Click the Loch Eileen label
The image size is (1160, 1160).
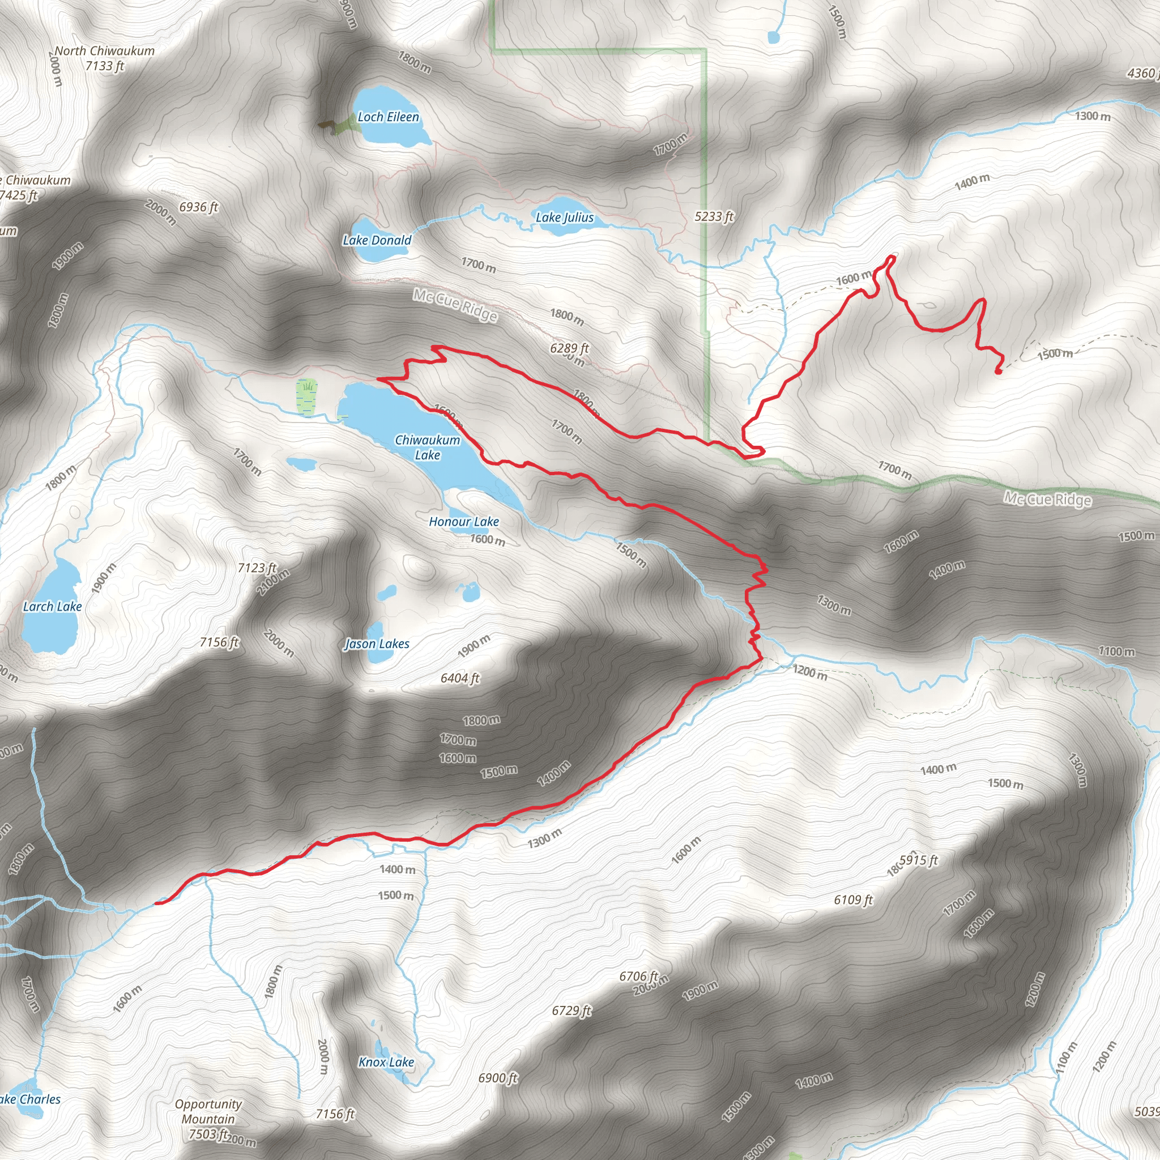pyautogui.click(x=388, y=117)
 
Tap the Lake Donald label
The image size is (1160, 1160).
pyautogui.click(x=377, y=240)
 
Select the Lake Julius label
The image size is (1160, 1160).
pyautogui.click(x=564, y=217)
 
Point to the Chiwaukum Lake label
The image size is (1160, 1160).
pyautogui.click(x=428, y=447)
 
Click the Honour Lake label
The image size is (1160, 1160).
pyautogui.click(x=463, y=522)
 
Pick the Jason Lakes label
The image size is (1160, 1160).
pyautogui.click(x=377, y=643)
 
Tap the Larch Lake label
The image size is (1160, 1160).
pyautogui.click(x=52, y=607)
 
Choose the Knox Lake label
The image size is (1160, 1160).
pyautogui.click(x=386, y=1062)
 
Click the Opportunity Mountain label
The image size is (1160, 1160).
pyautogui.click(x=208, y=1111)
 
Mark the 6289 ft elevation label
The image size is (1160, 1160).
pyautogui.click(x=569, y=348)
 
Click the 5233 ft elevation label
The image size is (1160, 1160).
pyautogui.click(x=714, y=216)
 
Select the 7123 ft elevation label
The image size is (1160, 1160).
pyautogui.click(x=257, y=568)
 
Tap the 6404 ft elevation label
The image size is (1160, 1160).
pyautogui.click(x=460, y=678)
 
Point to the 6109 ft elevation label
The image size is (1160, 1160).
pyautogui.click(x=852, y=899)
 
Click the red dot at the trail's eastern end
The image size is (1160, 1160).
pyautogui.click(x=998, y=372)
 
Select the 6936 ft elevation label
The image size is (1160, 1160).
pyautogui.click(x=199, y=207)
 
